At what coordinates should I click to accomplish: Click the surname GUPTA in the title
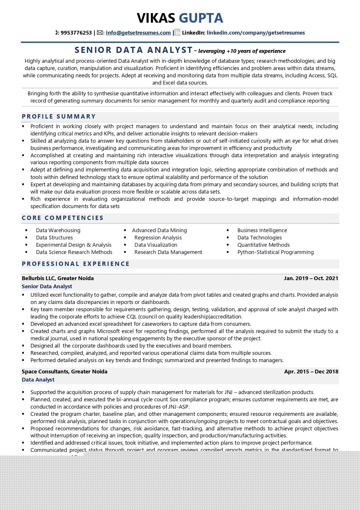click(x=201, y=18)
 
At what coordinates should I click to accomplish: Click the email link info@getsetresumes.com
click(x=138, y=33)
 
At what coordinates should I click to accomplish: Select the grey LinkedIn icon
click(x=177, y=33)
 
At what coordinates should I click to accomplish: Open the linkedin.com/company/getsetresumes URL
click(x=255, y=33)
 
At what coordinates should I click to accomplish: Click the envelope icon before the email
click(x=100, y=33)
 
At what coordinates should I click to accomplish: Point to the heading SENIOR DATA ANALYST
click(x=134, y=50)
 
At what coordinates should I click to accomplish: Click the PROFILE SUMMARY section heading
click(x=59, y=117)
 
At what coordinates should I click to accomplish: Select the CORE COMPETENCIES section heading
click(x=62, y=218)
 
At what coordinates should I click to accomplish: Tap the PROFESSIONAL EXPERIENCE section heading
click(x=75, y=264)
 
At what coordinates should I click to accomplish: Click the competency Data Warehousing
click(x=58, y=230)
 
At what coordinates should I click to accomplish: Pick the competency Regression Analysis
click(x=158, y=238)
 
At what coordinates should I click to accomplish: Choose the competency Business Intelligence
click(x=262, y=230)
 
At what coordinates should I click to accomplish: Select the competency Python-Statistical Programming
click(x=276, y=252)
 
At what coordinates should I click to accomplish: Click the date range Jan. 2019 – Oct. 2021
click(x=311, y=278)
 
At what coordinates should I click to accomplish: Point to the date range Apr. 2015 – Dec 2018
click(x=311, y=372)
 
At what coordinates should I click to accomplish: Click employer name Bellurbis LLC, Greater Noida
click(x=57, y=278)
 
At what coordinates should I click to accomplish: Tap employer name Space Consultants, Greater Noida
click(x=64, y=372)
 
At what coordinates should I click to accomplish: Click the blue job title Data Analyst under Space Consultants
click(x=38, y=380)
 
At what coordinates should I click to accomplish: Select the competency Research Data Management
click(x=168, y=252)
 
